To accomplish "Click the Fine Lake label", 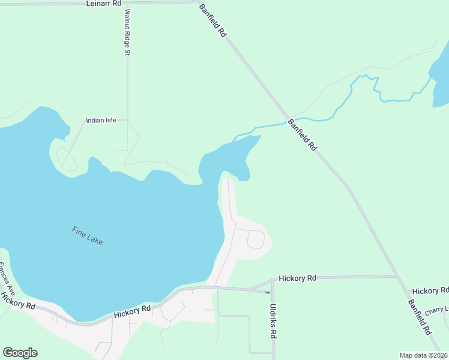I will point(88,235).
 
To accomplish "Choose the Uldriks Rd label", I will point(273,322).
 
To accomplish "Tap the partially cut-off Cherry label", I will point(436,311).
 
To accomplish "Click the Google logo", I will point(20,353).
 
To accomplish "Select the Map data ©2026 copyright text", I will point(423,355).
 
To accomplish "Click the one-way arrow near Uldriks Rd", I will point(267,292).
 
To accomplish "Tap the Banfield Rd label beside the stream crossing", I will point(302,134).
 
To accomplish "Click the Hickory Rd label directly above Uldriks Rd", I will point(298,278).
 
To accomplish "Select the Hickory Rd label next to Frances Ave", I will point(18,299).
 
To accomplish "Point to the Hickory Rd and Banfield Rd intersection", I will point(397,277).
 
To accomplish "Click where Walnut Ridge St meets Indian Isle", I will point(127,120).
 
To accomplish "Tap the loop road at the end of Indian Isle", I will point(67,159).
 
